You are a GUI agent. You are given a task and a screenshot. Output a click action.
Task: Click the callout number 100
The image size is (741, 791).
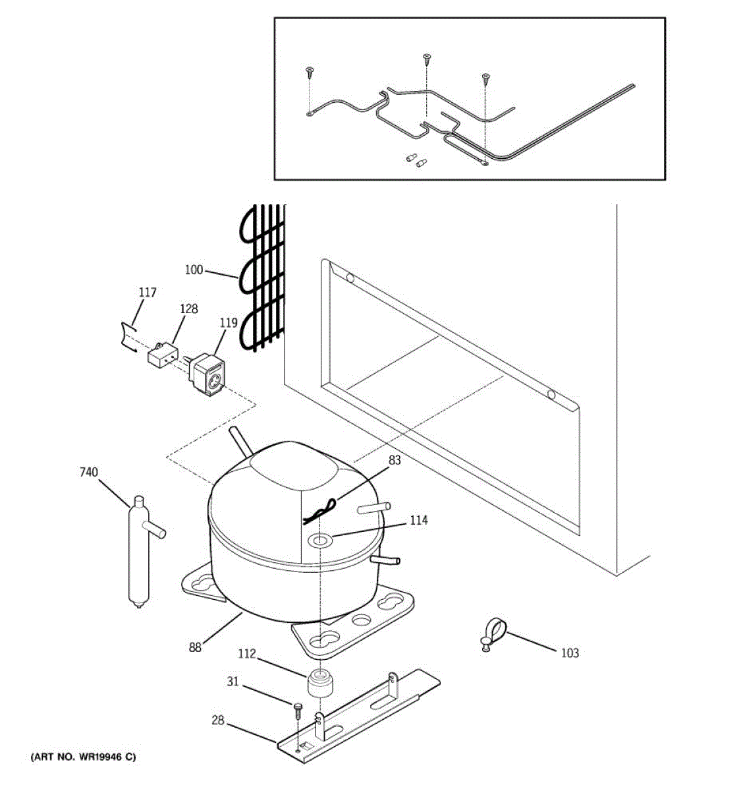(x=194, y=270)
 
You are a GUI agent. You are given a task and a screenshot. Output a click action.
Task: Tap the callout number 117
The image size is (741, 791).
(x=148, y=292)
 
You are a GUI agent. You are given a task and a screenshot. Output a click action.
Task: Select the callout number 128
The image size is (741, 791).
(x=188, y=308)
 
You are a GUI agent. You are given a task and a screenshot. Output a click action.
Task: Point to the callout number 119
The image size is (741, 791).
(x=228, y=324)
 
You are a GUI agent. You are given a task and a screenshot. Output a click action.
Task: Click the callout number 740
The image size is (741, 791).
(x=88, y=472)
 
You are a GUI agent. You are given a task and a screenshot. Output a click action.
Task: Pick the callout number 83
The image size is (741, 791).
(x=394, y=461)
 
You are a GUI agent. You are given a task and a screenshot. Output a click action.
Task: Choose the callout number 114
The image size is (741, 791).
(x=418, y=520)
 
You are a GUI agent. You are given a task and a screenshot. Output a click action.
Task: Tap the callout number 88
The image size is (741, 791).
(x=195, y=647)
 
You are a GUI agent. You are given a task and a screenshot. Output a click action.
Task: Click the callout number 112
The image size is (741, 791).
(x=247, y=655)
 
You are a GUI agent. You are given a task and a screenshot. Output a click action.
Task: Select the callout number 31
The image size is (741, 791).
(x=233, y=682)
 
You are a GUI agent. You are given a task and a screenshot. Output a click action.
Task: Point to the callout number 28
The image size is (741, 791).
(x=218, y=721)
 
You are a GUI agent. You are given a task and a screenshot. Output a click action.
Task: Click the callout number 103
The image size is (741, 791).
(x=570, y=653)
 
